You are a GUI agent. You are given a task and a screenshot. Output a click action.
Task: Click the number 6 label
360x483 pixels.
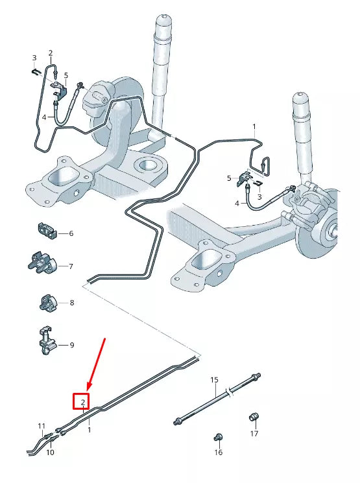click(x=71, y=233)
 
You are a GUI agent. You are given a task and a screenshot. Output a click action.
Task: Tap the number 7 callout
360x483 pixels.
click(x=71, y=266)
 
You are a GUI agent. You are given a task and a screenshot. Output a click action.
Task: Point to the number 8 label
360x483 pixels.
click(x=71, y=303)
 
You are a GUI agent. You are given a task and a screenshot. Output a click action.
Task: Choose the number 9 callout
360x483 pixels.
click(x=71, y=346)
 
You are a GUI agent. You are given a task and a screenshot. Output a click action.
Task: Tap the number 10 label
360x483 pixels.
click(x=50, y=452)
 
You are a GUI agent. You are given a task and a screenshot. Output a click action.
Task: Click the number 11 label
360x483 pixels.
click(x=42, y=427)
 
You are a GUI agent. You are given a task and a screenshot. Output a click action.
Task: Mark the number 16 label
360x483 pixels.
click(x=219, y=452)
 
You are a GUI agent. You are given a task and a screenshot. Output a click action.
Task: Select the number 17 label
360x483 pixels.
click(x=254, y=433)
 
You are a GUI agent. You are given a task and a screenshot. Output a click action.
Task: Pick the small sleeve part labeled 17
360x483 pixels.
click(x=255, y=416)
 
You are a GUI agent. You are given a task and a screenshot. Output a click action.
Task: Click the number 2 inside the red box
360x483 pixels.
click(x=83, y=403)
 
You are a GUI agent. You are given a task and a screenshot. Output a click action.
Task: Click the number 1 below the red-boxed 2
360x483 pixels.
click(x=90, y=429)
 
